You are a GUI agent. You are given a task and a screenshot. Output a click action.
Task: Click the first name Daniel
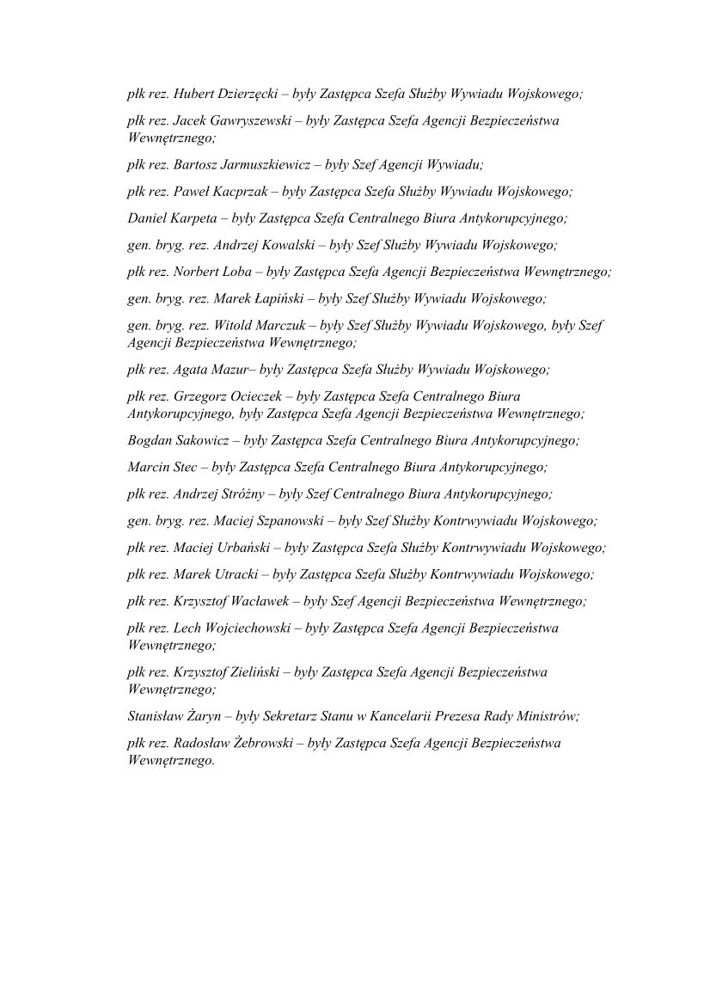[x=146, y=218]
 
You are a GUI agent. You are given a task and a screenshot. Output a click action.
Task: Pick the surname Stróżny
[x=242, y=494]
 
